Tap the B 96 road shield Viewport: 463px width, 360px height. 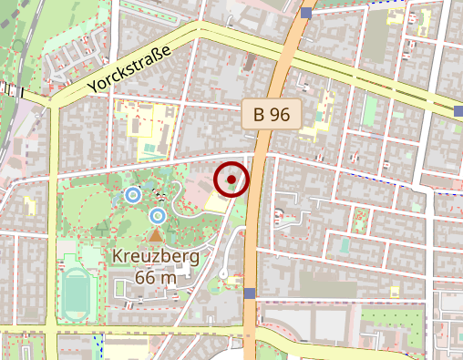272,115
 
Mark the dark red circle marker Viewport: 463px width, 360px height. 232,180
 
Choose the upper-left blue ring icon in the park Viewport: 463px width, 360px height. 133,194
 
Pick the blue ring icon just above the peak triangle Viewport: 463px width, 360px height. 157,216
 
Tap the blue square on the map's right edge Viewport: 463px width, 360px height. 458,111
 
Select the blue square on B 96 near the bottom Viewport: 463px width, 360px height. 249,293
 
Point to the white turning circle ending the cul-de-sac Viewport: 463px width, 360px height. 223,274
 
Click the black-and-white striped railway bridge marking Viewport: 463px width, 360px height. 12,89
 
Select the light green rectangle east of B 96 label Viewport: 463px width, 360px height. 370,112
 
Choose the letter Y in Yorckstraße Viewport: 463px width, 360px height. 93,87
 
